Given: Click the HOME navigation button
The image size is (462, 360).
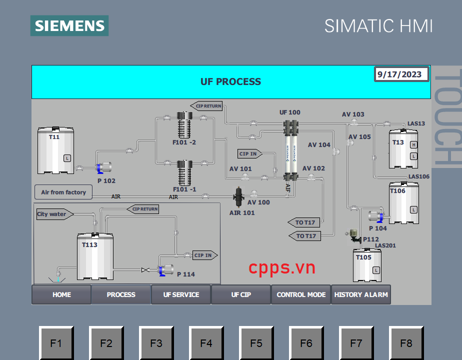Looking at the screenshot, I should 61,294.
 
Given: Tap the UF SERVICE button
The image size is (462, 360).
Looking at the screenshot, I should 181,294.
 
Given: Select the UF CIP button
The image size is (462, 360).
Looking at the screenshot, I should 241,294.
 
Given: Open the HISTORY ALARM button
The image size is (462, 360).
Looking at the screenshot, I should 361,294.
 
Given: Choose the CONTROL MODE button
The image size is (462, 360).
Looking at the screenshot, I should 301,294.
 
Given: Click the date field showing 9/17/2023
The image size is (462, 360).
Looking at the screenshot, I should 401,74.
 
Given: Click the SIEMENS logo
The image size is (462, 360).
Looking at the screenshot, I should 69,25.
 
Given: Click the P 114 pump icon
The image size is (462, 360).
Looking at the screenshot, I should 165,270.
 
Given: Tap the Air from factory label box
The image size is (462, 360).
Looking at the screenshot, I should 63,192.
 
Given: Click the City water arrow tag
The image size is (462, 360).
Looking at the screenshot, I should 54,214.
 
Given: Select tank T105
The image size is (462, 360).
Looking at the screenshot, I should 367,265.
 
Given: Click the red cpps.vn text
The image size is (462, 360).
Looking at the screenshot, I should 282,267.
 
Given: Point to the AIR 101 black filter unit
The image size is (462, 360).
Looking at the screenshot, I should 239,197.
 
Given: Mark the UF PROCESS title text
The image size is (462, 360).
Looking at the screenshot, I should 230,81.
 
